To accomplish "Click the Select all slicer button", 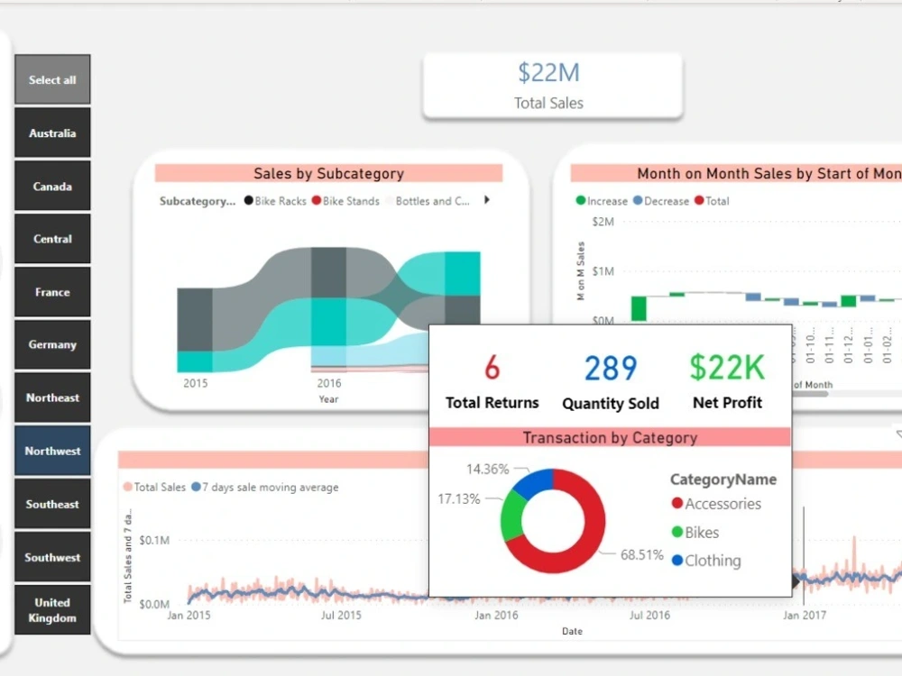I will (x=52, y=80).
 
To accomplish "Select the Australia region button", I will (x=52, y=133).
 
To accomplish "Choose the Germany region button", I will (x=52, y=345).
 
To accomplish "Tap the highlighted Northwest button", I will (x=52, y=452).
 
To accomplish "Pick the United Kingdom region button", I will (x=52, y=610).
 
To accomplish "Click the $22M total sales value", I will (x=548, y=73).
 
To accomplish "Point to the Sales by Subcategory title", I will (x=328, y=174).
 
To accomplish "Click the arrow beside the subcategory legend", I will (x=488, y=200).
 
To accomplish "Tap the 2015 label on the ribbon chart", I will (x=196, y=383).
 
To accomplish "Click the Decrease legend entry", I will (x=666, y=201).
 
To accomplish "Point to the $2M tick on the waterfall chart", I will (x=603, y=222).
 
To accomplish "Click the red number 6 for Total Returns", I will (x=492, y=368).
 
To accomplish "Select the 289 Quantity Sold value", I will (x=611, y=368).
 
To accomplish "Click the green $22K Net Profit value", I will (x=727, y=367).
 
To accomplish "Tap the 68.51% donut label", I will (x=641, y=555).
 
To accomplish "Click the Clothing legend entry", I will (x=712, y=561).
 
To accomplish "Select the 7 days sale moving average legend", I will (x=270, y=488).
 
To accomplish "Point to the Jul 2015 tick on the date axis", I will (x=341, y=616).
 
